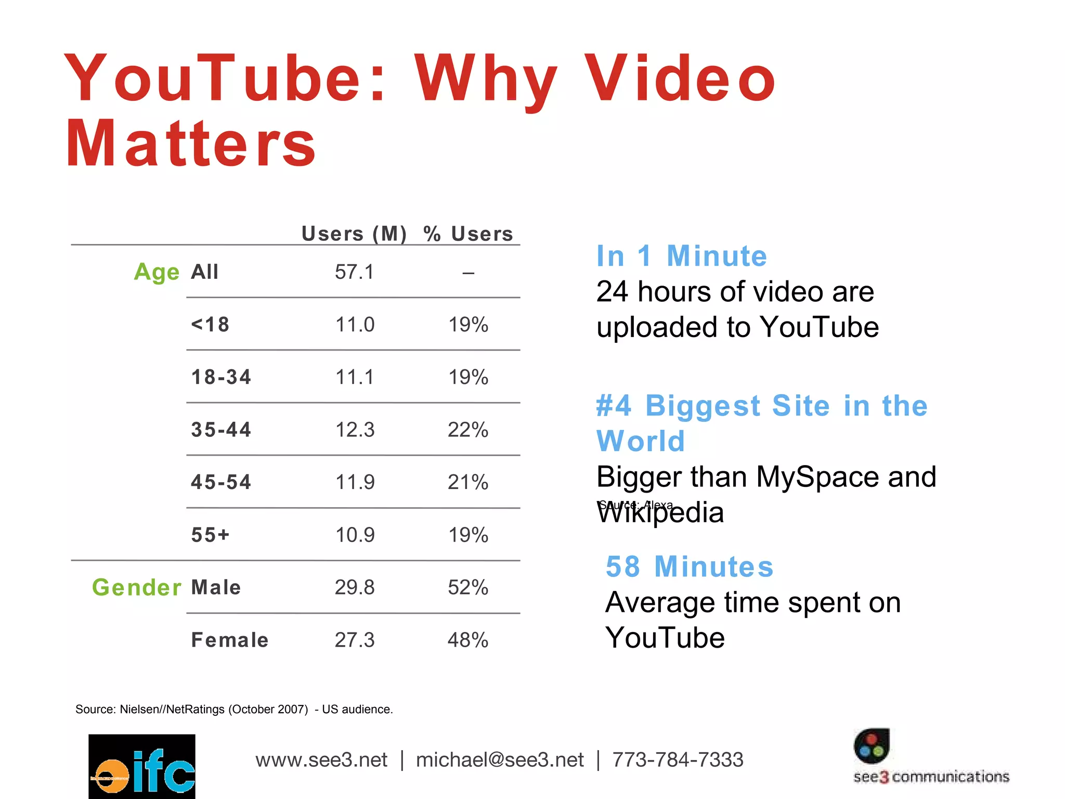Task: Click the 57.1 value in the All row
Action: pos(354,272)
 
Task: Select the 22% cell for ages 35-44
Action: pos(467,430)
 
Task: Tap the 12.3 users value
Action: pos(355,430)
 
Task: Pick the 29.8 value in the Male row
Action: pos(354,587)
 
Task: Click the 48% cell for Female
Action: pos(467,640)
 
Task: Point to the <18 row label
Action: pos(210,325)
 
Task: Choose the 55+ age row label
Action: pos(210,535)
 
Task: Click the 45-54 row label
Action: pos(221,482)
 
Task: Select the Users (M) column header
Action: pos(354,234)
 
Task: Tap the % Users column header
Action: pos(467,234)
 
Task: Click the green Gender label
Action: pos(137,587)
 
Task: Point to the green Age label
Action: pos(157,272)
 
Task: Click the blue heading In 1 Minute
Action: pos(681,256)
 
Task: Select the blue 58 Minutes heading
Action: pos(690,566)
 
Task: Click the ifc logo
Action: pos(142,766)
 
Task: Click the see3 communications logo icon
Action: pos(872,746)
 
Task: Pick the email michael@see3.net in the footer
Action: pos(499,760)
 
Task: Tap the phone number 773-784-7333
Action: pos(678,760)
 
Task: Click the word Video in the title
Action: pos(680,79)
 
